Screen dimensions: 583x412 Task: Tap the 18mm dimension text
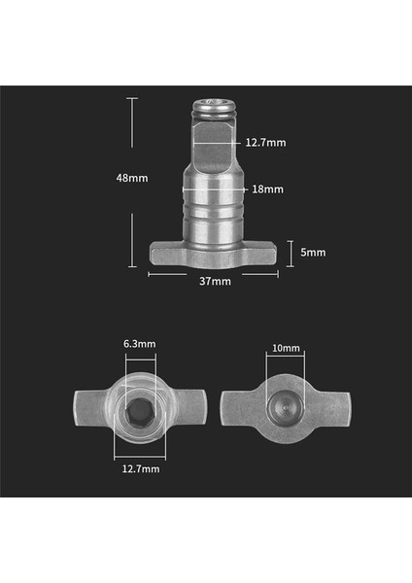click(268, 189)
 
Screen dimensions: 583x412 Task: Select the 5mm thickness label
click(313, 253)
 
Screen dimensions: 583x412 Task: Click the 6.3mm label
click(139, 344)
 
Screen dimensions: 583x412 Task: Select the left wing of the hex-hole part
click(89, 404)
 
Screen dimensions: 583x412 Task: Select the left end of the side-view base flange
click(160, 254)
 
